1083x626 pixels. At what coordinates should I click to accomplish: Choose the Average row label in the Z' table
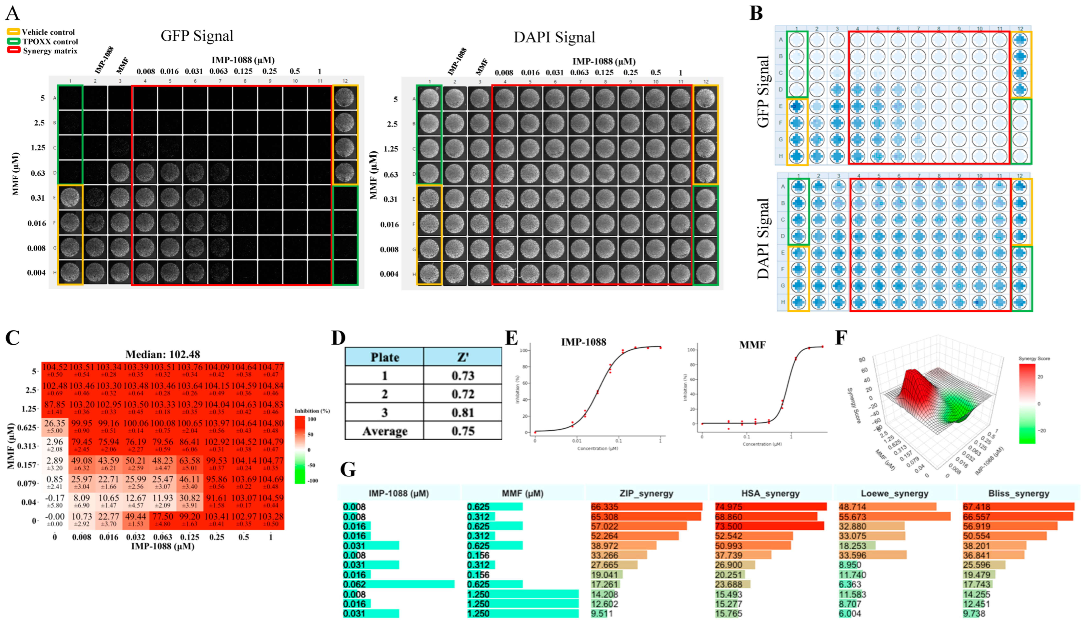click(385, 431)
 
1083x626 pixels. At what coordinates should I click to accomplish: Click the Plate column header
click(385, 357)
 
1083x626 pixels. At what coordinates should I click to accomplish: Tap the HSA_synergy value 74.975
click(728, 507)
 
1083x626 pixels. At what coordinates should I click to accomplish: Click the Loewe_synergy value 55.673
click(851, 517)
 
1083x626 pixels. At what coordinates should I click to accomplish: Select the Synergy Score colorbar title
click(1034, 358)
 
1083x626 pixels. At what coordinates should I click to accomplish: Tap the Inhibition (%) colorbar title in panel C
click(312, 411)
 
